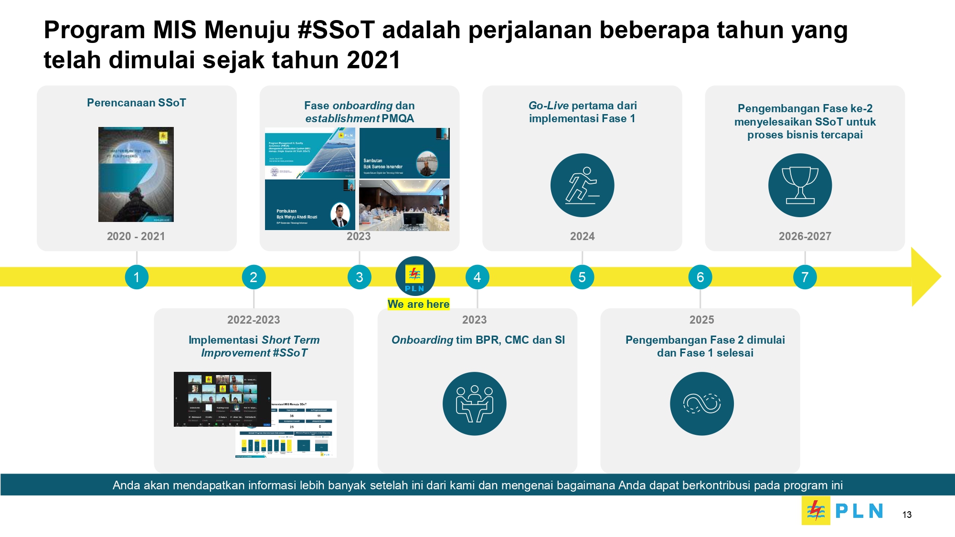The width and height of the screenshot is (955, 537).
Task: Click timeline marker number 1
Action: pos(137,277)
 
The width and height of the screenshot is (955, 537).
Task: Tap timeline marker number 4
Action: pos(477,277)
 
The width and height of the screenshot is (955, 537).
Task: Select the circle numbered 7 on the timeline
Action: pos(805,277)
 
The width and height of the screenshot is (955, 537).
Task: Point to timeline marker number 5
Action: pos(582,277)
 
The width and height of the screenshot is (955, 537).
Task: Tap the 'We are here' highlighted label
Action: pos(418,304)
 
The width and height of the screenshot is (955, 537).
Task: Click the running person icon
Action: pos(582,185)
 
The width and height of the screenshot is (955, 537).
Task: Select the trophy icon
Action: pos(800,185)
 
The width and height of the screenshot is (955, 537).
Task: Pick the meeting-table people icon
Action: pos(474,404)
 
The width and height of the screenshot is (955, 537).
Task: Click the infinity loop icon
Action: pos(701,404)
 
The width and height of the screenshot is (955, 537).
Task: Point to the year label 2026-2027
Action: pos(805,236)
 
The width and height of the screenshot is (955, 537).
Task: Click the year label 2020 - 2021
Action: pos(136,236)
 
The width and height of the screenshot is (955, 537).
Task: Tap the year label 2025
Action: pos(701,320)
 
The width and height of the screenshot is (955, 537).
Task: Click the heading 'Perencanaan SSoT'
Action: pos(136,103)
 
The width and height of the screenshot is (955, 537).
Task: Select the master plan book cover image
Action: pos(136,174)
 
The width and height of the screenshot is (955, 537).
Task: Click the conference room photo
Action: pos(404,205)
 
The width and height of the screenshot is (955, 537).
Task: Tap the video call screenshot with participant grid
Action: pos(222,399)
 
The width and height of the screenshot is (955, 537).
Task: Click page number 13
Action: pos(907,515)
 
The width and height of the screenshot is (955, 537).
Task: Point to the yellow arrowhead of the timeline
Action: pos(925,277)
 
